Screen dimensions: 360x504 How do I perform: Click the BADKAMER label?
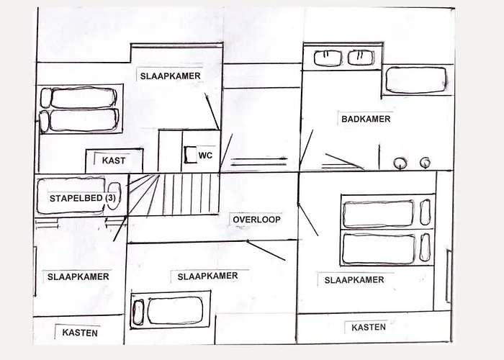(365, 120)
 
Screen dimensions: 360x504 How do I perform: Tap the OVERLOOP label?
(256, 220)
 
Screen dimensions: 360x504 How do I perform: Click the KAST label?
(114, 161)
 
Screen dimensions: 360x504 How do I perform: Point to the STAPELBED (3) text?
(81, 198)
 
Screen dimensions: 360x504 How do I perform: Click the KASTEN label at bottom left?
(80, 333)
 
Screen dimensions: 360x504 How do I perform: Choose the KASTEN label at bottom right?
(369, 327)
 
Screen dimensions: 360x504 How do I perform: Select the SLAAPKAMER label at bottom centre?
(207, 276)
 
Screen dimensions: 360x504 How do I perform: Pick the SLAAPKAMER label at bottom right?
(354, 280)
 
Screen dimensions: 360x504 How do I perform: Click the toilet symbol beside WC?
(192, 155)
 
